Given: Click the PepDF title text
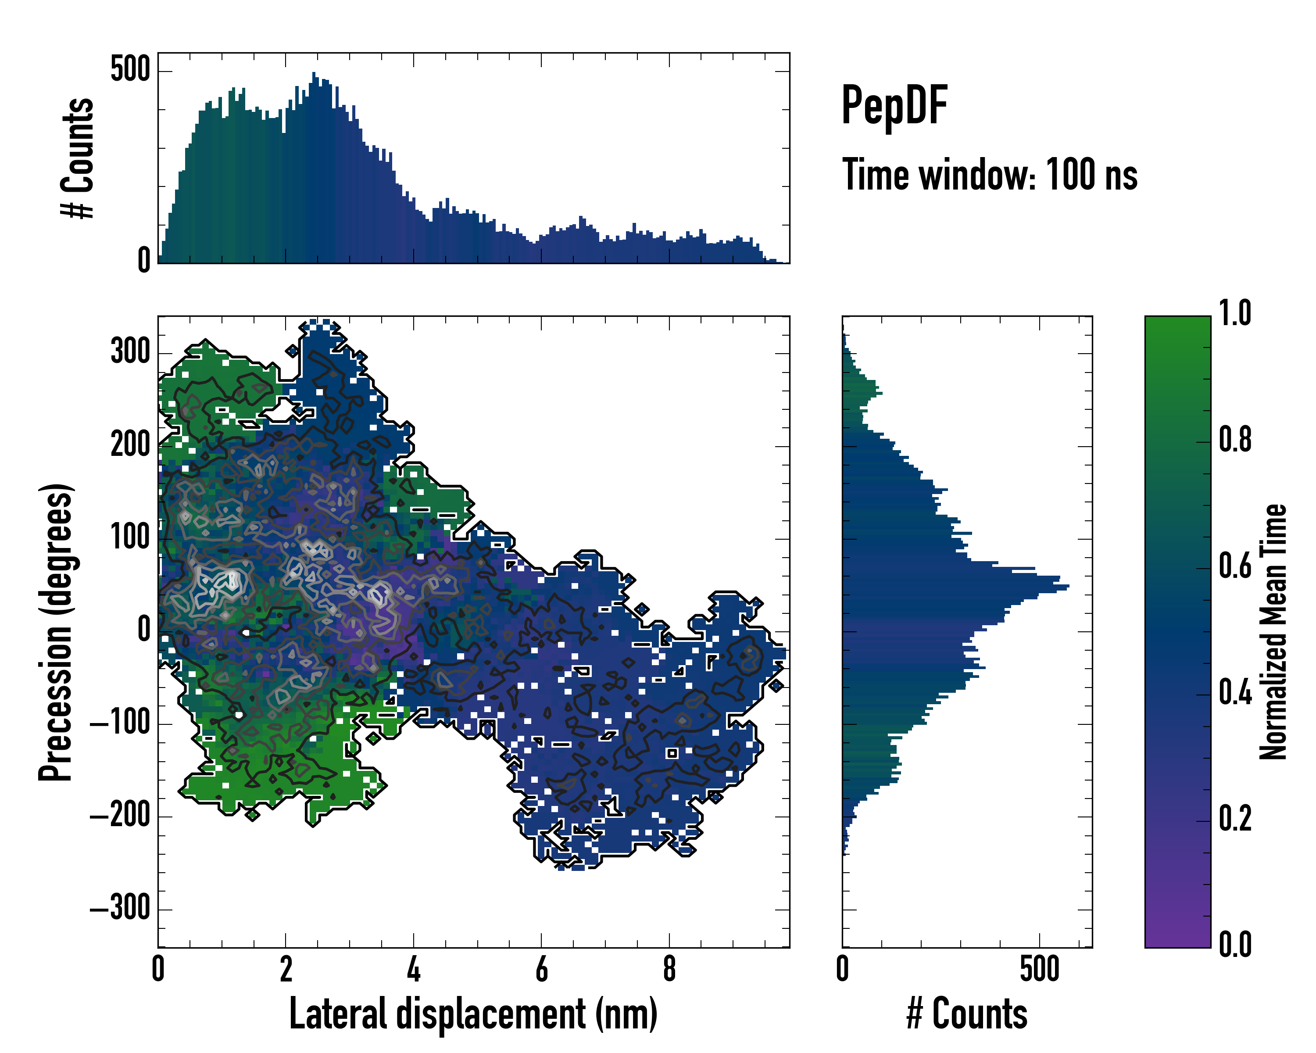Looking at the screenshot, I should click(894, 106).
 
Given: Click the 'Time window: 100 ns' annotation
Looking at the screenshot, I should click(990, 175).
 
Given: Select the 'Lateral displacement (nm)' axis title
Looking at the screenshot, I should click(473, 1014).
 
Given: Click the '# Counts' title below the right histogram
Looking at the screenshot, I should click(967, 1014).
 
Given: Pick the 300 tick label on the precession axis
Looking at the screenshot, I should click(130, 352).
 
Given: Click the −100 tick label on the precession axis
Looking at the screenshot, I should click(120, 723).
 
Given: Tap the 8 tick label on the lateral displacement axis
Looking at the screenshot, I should click(669, 969).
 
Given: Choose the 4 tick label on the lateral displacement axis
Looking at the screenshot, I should click(413, 969).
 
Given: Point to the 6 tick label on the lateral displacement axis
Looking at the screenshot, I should click(541, 969).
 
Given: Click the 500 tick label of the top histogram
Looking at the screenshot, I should click(130, 70).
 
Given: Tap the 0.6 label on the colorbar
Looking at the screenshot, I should click(1235, 566).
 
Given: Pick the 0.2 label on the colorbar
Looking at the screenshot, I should click(1235, 819).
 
